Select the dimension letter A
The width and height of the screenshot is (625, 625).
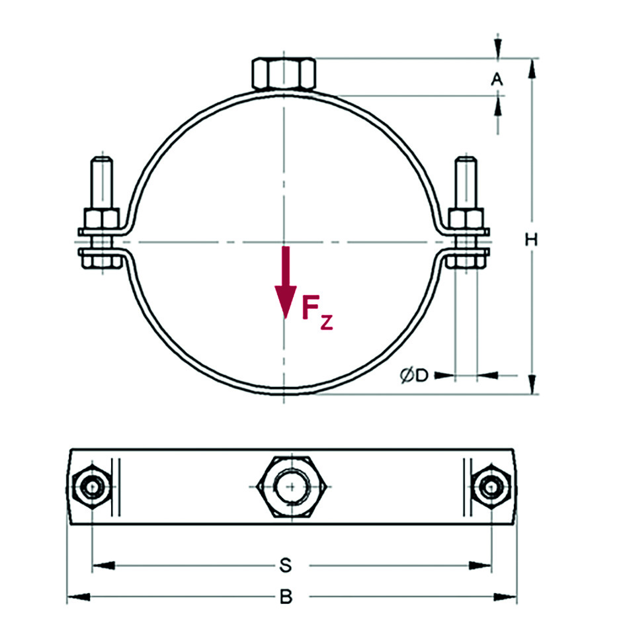tap(497, 79)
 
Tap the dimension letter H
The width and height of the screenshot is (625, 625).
tap(530, 239)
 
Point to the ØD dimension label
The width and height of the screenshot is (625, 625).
tap(415, 376)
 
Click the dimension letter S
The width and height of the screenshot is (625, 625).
tap(285, 565)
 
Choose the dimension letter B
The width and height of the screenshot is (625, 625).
tap(285, 597)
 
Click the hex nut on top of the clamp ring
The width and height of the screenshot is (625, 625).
tap(284, 73)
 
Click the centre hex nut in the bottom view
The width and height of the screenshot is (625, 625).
tap(285, 487)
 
